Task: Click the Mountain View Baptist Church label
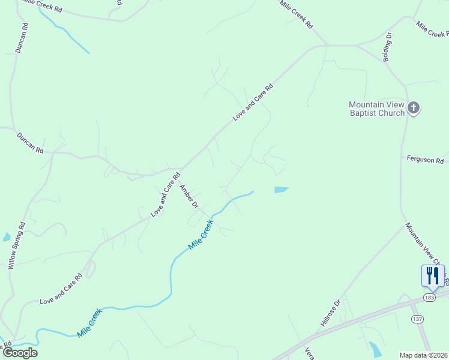pos(376,109)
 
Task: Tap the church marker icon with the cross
pos(413,109)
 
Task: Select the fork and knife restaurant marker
pos(433,276)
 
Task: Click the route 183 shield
pos(429,298)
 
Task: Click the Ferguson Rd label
pos(425,161)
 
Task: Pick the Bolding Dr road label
pos(388,46)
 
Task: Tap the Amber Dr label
pos(189,196)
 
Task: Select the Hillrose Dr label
pos(330,313)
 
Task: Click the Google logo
pos(19,353)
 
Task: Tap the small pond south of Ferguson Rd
pos(281,190)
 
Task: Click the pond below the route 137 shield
pos(375,349)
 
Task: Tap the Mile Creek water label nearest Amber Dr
pos(201,234)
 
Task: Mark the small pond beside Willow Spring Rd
pos(6,237)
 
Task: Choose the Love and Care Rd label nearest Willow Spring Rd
pos(60,289)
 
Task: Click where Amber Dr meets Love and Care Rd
pos(180,169)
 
